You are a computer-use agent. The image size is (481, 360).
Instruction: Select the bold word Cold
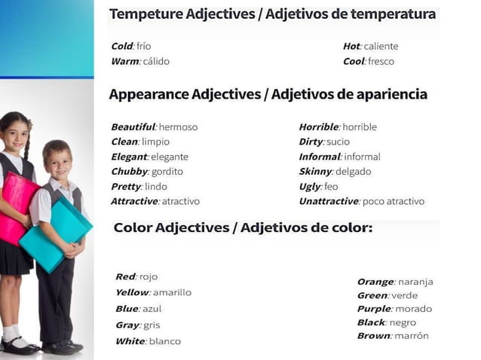pos(121,47)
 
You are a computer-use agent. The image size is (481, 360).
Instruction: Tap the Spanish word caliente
pos(381,47)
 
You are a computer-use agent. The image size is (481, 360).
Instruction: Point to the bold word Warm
pos(124,62)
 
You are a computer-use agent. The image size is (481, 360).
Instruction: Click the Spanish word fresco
pos(381,62)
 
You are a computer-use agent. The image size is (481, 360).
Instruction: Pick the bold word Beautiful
pos(133,127)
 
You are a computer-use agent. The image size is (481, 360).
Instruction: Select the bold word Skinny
pos(315,172)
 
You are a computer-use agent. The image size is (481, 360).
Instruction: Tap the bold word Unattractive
pos(329,201)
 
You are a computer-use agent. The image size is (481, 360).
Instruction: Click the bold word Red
pos(125,277)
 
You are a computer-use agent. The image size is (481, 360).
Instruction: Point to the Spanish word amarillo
pos(172,292)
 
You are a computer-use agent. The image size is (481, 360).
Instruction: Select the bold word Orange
pos(375,282)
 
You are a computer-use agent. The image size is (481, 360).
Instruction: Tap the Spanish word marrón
pos(411,336)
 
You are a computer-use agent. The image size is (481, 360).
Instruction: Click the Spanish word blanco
pos(165,341)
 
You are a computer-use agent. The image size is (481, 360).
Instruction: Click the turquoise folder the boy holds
pos(54,233)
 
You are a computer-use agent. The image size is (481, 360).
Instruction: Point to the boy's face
pos(57,160)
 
